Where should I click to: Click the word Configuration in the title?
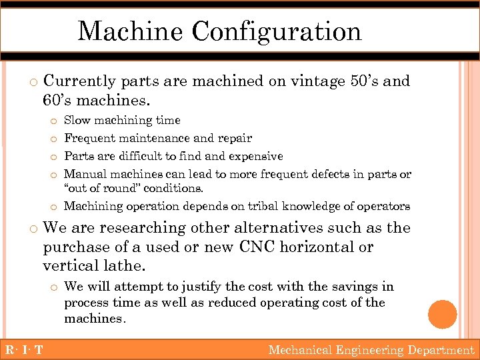coord(277,31)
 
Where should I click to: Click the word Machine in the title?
coord(131,31)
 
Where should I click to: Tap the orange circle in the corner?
coord(443,314)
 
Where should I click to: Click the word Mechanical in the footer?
coord(301,350)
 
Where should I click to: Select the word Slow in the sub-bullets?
coord(77,121)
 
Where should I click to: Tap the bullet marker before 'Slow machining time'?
coord(53,121)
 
